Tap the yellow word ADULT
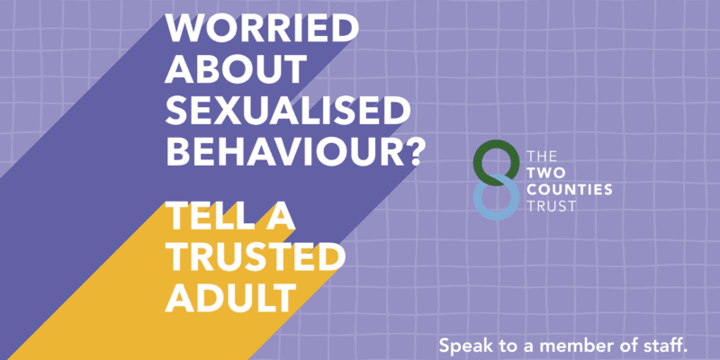point(230,298)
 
